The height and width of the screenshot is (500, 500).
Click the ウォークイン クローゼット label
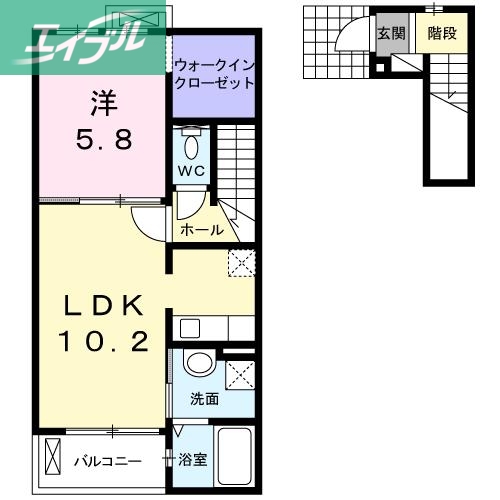pyautogui.click(x=213, y=74)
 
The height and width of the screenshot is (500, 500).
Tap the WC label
pyautogui.click(x=191, y=171)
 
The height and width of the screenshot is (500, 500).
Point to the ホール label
pyautogui.click(x=202, y=230)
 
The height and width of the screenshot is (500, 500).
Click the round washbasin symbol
pyautogui.click(x=198, y=365)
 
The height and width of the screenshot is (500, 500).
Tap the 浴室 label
pyautogui.click(x=192, y=461)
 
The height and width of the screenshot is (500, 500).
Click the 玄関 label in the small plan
pyautogui.click(x=389, y=33)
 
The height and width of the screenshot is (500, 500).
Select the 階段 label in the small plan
pyautogui.click(x=441, y=33)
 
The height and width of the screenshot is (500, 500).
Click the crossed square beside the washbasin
pyautogui.click(x=239, y=377)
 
